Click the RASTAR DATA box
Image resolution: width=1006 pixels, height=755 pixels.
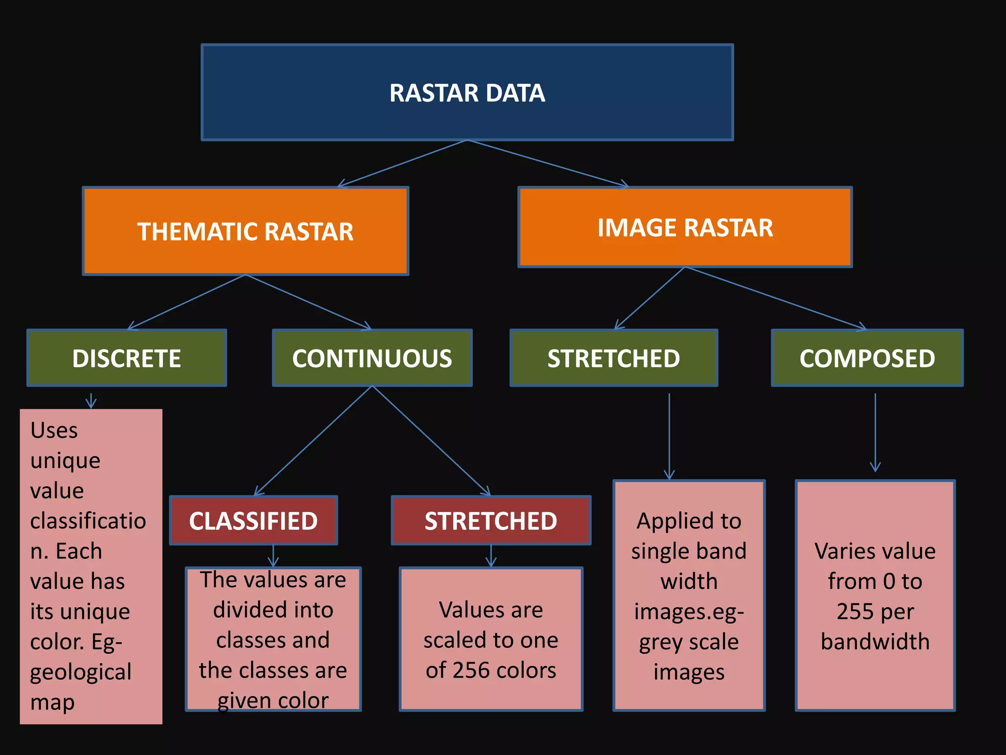tap(467, 92)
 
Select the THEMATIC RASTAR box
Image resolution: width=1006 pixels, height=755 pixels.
tap(245, 231)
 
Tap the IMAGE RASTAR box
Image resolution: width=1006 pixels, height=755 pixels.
tap(685, 227)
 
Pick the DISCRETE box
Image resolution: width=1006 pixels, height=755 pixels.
tap(127, 358)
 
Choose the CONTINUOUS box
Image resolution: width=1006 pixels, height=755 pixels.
tap(372, 358)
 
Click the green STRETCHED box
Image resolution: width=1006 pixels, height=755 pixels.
tap(614, 358)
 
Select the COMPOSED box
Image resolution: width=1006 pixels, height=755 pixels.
tap(867, 358)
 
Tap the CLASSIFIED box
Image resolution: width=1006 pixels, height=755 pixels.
tap(253, 521)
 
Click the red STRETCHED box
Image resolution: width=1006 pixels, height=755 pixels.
tap(491, 521)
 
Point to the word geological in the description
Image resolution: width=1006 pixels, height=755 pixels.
tap(81, 672)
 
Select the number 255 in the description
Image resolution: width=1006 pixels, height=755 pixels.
tap(854, 611)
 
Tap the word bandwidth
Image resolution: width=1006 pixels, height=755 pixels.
tap(875, 641)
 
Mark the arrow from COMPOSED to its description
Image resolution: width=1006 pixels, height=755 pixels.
tap(875, 433)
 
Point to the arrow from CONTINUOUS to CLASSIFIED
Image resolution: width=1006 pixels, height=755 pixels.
tap(313, 441)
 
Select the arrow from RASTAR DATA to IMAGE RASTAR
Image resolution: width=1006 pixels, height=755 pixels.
tap(548, 163)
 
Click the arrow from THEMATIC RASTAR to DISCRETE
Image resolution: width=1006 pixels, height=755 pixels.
tap(187, 302)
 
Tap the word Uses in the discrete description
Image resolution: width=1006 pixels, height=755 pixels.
tap(54, 431)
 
